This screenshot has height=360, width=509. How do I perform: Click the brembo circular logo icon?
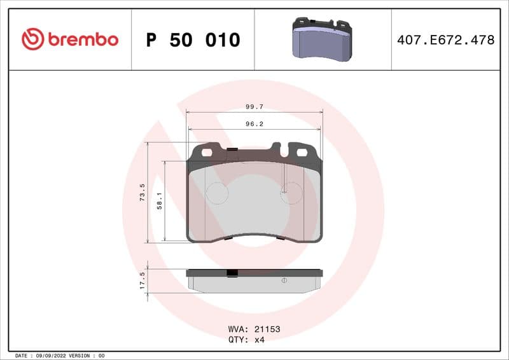coord(32,39)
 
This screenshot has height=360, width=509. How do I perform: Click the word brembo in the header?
coord(81,39)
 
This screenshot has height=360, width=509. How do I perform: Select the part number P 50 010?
coord(193,40)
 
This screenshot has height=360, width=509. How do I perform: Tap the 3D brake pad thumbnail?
coord(323,39)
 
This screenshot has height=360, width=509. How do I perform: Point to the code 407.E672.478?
coord(445,40)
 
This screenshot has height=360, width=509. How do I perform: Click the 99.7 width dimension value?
coord(254,107)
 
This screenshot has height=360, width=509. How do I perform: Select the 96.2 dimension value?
coord(254,124)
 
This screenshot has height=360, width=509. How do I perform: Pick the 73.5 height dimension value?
coord(143,193)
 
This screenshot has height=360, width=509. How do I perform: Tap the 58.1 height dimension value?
coord(160,201)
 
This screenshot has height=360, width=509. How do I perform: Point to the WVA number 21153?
coord(267,329)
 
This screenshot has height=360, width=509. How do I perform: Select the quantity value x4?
coord(259,340)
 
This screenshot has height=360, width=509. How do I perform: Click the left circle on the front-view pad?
coord(217,193)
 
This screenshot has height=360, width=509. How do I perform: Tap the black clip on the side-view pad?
coord(232,273)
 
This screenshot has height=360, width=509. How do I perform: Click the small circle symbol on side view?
coord(284,280)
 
